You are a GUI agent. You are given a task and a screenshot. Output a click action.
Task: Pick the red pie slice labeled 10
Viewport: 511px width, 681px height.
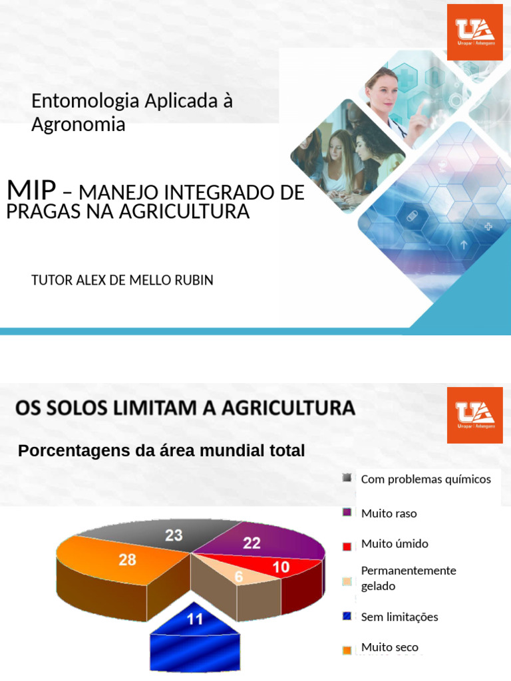click(283, 567)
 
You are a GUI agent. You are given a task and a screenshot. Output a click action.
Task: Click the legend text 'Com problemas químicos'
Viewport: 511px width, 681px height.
click(425, 479)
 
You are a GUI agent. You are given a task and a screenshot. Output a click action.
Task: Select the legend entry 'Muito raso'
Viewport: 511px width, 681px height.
click(389, 513)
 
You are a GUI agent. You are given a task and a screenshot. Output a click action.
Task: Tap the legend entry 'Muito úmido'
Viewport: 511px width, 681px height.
click(395, 543)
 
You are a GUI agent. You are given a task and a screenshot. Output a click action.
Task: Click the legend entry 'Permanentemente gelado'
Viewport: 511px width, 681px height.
click(408, 578)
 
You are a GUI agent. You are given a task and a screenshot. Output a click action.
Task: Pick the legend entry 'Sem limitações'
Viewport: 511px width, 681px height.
click(399, 616)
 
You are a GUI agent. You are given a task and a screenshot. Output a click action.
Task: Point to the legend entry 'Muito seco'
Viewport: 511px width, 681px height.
click(389, 647)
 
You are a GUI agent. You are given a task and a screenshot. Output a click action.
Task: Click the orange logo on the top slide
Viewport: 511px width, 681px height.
click(474, 32)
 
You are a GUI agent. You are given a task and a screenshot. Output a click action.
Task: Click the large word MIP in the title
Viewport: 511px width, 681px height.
click(31, 190)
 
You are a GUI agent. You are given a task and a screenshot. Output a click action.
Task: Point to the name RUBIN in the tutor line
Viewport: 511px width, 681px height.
click(193, 280)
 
